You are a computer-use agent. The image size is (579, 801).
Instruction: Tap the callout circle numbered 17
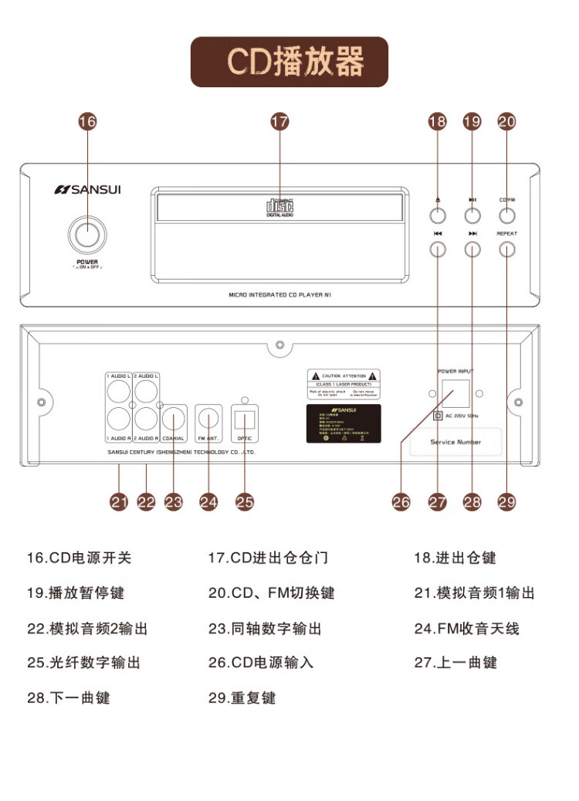coord(279,121)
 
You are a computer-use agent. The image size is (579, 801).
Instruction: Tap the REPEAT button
coord(507,249)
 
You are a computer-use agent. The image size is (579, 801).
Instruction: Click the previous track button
coord(438,249)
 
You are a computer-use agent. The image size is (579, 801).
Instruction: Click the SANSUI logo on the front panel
coord(87,188)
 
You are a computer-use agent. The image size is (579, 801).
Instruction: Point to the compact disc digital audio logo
coord(279,207)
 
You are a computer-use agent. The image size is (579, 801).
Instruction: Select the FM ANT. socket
coord(209,419)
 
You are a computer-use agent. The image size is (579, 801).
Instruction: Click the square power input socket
coord(455,394)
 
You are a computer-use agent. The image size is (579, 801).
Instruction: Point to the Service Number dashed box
coord(455,443)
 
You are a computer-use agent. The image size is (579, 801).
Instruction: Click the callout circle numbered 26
coord(401,501)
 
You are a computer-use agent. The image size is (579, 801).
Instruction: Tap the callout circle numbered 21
coord(118,501)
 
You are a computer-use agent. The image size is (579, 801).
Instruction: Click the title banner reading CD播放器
coord(289,62)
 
